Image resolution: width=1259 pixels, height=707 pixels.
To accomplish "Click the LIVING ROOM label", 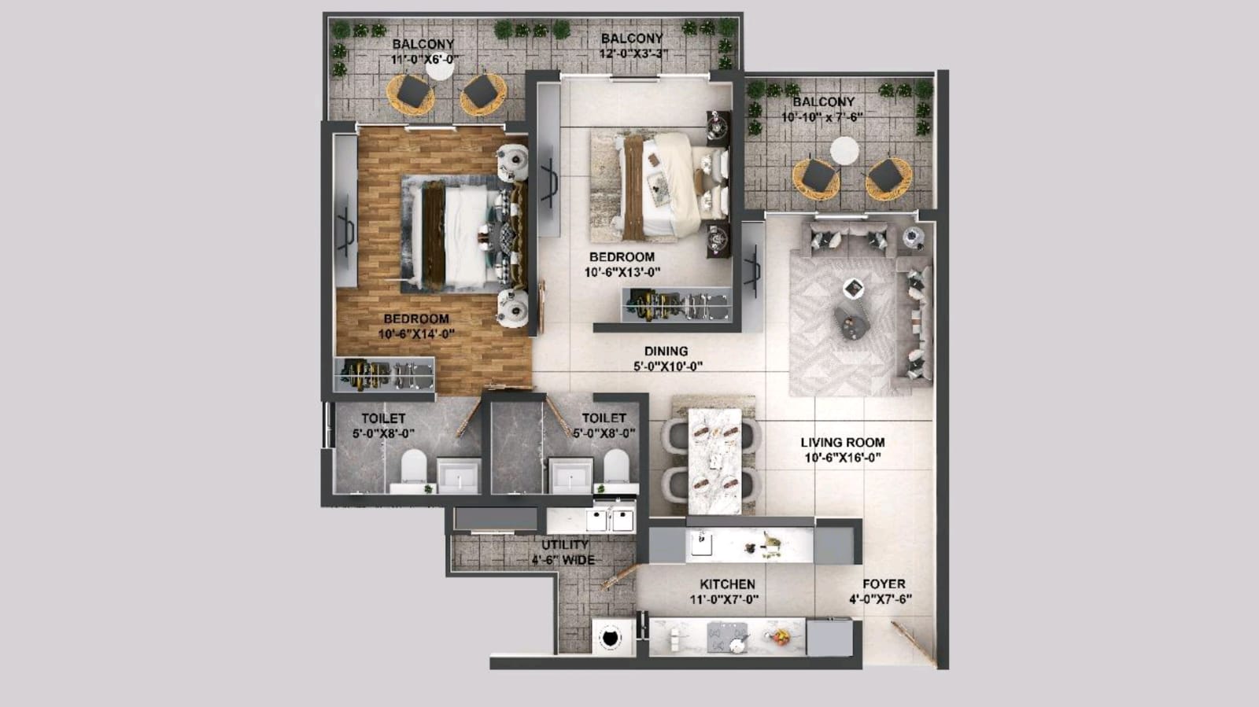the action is point(843,443).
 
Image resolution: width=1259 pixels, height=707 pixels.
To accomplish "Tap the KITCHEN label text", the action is point(727,584).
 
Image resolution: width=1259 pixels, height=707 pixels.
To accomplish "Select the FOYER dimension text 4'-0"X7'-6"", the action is point(881,600).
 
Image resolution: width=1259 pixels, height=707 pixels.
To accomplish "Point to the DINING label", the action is point(666,351).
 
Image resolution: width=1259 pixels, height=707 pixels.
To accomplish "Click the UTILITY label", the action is point(565,545).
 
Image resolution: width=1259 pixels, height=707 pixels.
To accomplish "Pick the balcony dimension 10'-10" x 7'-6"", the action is point(822,117).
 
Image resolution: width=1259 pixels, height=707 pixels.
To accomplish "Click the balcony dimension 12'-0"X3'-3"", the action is point(633,54).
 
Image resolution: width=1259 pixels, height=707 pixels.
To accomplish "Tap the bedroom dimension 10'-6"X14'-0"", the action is point(416,334).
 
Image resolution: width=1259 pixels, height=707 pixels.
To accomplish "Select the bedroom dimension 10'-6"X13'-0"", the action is point(622,272).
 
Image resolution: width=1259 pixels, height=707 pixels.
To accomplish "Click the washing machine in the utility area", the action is point(611,638).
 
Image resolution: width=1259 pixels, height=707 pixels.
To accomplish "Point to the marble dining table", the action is point(715,461).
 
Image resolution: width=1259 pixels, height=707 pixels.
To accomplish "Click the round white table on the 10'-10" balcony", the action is point(844,151).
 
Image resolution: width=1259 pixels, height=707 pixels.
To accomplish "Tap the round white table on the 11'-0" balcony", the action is point(440,68).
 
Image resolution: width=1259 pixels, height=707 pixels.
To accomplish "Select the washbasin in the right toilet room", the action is point(571,474).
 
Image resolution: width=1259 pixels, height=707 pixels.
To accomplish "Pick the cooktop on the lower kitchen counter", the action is point(727,637).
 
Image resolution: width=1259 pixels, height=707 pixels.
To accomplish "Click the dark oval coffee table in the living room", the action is point(851,323).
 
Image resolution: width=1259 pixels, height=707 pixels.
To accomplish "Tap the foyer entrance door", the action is point(914,644).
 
